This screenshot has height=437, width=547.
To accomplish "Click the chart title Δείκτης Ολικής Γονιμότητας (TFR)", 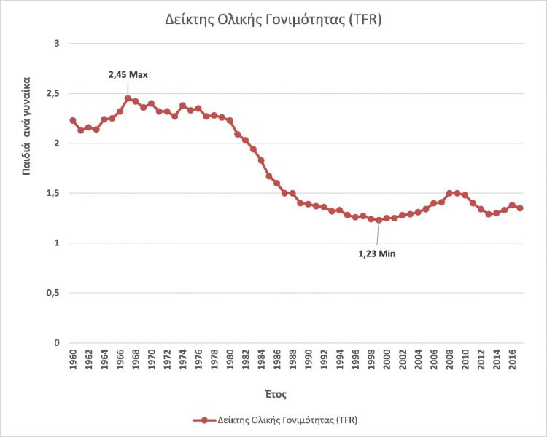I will (x=273, y=21).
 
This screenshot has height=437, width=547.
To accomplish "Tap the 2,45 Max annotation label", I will (x=128, y=74).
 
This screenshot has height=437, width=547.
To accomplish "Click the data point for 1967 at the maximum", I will (x=128, y=98).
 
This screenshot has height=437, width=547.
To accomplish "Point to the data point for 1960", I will (x=73, y=120).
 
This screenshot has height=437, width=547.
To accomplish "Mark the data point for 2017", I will (x=520, y=208).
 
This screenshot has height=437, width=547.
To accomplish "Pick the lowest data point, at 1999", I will (x=379, y=220).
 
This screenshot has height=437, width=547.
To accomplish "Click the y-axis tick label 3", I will (x=56, y=44).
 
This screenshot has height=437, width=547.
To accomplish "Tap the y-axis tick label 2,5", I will (x=53, y=94).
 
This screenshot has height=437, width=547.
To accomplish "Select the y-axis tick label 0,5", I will (x=53, y=294).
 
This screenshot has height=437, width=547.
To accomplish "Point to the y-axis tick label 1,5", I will (x=53, y=194).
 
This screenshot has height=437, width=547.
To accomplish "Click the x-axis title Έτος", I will (x=274, y=394).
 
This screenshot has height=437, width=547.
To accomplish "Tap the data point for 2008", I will (x=449, y=193).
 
